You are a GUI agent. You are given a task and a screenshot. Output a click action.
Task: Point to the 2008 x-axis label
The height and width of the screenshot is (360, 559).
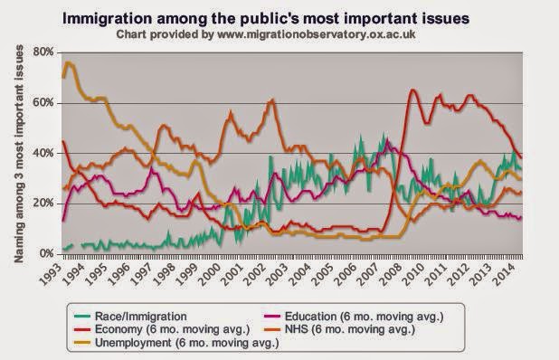coord(381,271)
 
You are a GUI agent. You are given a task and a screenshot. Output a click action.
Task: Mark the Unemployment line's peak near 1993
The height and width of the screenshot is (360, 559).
coord(69,62)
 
